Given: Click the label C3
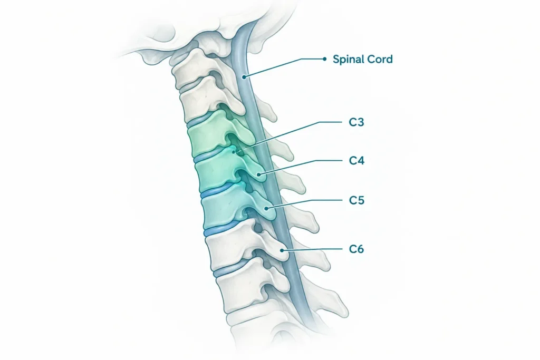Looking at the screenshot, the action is pyautogui.click(x=356, y=122).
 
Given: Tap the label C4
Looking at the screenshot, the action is pyautogui.click(x=356, y=161).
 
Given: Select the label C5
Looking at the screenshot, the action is pyautogui.click(x=356, y=200).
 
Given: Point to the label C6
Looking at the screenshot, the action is pyautogui.click(x=356, y=249).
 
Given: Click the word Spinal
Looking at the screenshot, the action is pyautogui.click(x=348, y=60).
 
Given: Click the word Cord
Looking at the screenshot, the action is pyautogui.click(x=379, y=59).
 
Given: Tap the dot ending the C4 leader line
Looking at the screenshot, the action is pyautogui.click(x=258, y=174).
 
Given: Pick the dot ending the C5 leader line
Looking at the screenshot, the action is pyautogui.click(x=266, y=208).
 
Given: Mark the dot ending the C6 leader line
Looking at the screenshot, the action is pyautogui.click(x=282, y=250).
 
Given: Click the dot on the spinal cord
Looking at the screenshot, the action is pyautogui.click(x=244, y=77).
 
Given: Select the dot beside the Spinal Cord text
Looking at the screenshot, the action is pyautogui.click(x=324, y=59).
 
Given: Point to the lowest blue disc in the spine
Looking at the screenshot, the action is pyautogui.click(x=230, y=268).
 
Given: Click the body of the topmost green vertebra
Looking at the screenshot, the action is pyautogui.click(x=207, y=138).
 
